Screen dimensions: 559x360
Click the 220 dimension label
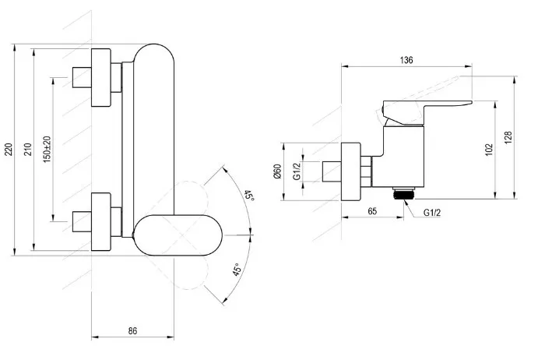(x=9, y=149)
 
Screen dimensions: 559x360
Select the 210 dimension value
(x=28, y=149)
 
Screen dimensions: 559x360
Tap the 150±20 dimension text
(x=47, y=150)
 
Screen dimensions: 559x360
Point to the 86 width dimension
(x=132, y=330)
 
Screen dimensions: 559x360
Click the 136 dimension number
(x=406, y=60)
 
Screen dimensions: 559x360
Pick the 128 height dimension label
(x=508, y=137)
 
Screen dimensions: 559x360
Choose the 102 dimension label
(x=489, y=149)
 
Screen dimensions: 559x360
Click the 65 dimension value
(x=372, y=211)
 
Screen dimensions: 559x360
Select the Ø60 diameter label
(x=277, y=171)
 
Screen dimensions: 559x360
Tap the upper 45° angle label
(x=249, y=196)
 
